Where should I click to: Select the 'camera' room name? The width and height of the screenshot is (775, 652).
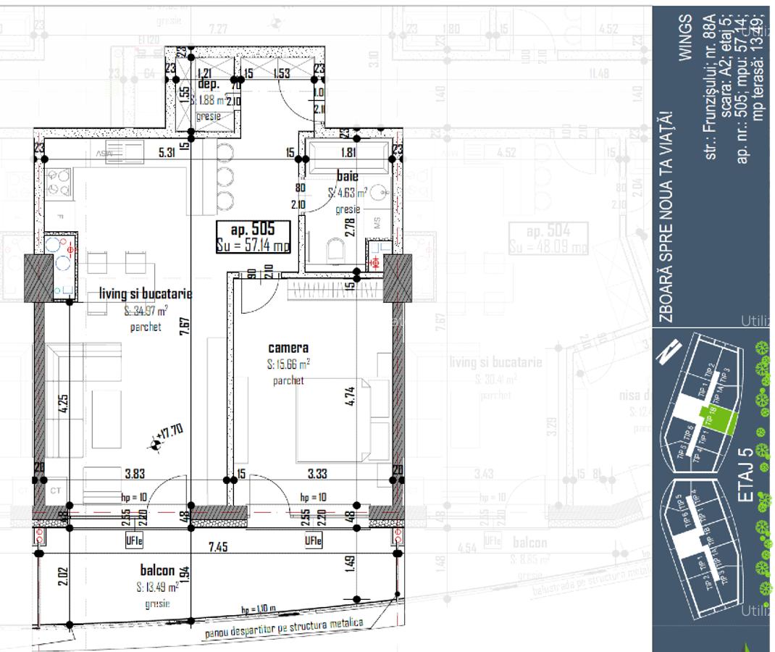click(288, 348)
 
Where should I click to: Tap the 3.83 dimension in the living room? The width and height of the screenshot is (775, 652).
click(135, 474)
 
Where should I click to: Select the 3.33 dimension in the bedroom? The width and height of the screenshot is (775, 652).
click(317, 474)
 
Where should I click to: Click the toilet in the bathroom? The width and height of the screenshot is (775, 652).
click(335, 250)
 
